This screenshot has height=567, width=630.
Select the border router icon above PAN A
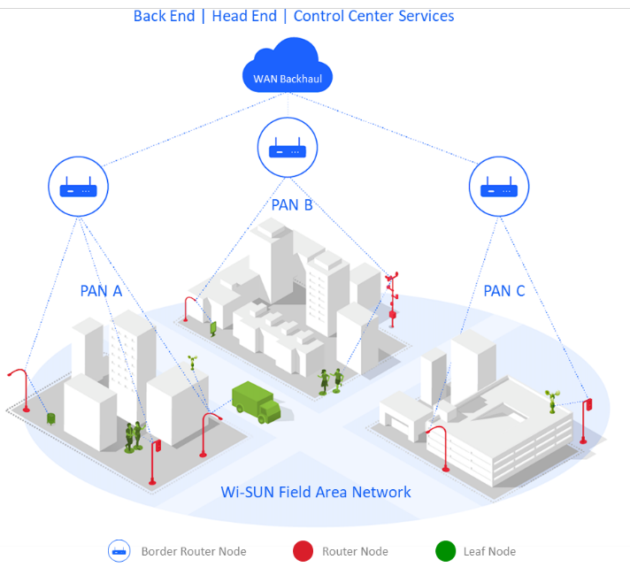(78, 187)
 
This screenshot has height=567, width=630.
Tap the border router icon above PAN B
(287, 148)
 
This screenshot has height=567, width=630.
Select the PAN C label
(503, 290)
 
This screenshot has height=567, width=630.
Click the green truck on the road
(256, 402)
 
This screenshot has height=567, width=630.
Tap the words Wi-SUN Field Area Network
(316, 492)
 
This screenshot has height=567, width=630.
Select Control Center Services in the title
(373, 16)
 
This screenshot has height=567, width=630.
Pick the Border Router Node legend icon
(119, 551)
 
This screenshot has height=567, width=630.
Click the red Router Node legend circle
(303, 551)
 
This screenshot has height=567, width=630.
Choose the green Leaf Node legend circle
(446, 551)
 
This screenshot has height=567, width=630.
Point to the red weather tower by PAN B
(391, 296)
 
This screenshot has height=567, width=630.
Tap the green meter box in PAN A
(51, 418)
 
